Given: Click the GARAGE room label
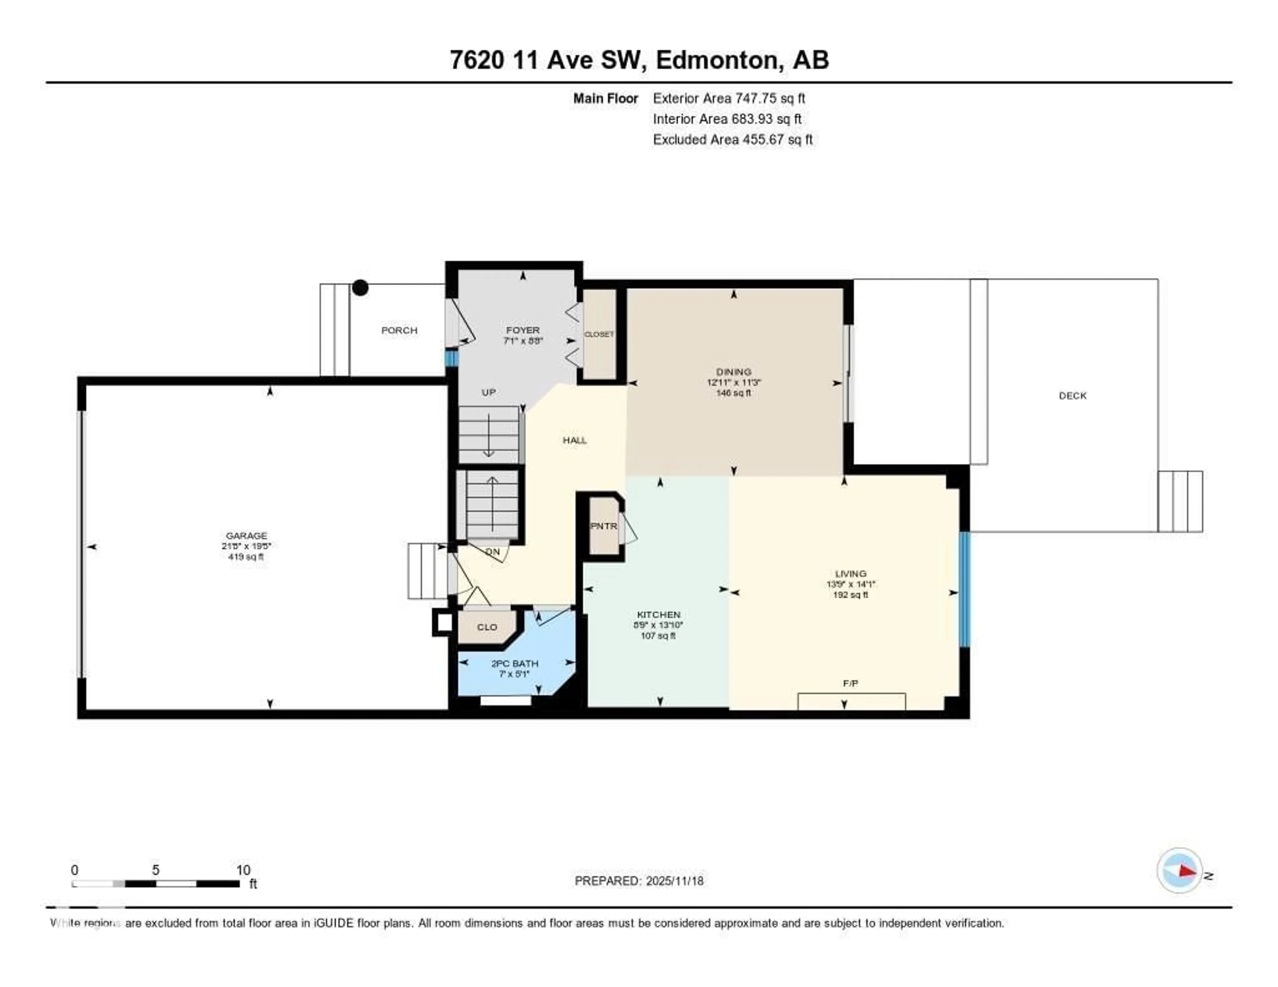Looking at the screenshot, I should [x=246, y=535].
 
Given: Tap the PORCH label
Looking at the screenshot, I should [x=399, y=330].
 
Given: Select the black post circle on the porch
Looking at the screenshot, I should [x=360, y=288].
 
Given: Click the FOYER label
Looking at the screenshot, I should [x=523, y=330].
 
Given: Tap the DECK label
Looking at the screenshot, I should [x=1072, y=396].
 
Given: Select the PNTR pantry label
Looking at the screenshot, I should [x=603, y=526].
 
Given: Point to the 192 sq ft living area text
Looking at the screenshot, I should [x=850, y=595].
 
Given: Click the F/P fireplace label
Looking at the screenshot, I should [x=850, y=684].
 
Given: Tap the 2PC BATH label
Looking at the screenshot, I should [x=514, y=664].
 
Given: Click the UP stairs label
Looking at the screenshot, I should [x=489, y=393].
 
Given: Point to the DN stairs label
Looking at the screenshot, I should [x=492, y=552].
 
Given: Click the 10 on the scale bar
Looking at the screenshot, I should [x=243, y=870].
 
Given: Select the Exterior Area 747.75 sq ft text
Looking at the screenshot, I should [x=729, y=98].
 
